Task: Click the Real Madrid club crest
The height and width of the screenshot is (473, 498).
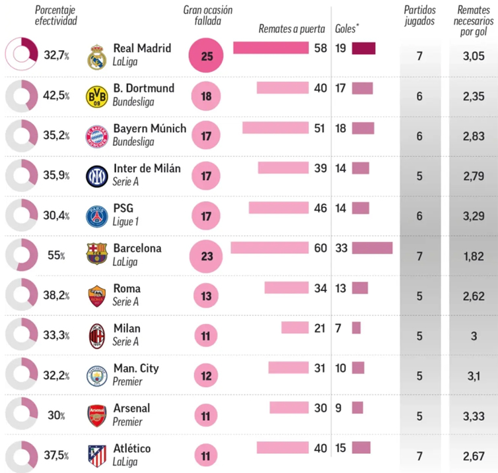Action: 97,57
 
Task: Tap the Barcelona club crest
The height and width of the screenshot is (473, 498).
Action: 97,254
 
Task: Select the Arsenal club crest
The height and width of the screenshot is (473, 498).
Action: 97,416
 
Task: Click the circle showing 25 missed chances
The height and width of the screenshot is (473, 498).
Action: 206,55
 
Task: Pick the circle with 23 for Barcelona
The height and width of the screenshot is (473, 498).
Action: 206,256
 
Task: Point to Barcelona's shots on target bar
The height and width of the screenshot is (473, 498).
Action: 269,248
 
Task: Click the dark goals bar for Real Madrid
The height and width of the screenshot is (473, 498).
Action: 364,48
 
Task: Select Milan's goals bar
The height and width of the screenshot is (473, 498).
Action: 357,328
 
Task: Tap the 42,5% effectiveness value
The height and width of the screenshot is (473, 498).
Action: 56,96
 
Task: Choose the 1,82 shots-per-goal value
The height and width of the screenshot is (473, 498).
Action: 474,256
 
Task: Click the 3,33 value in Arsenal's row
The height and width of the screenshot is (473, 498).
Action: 474,416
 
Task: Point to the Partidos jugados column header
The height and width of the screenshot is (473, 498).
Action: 419,15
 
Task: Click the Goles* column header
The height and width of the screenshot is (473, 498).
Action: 347,29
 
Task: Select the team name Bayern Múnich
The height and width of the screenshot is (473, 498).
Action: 150,128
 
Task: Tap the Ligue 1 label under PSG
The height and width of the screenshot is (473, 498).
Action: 125,222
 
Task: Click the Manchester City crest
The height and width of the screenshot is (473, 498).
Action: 97,376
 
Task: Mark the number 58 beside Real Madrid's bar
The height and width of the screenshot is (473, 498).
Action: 320,48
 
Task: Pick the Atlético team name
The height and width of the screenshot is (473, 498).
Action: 132,448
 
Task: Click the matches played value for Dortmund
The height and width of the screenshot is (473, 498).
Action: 419,96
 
